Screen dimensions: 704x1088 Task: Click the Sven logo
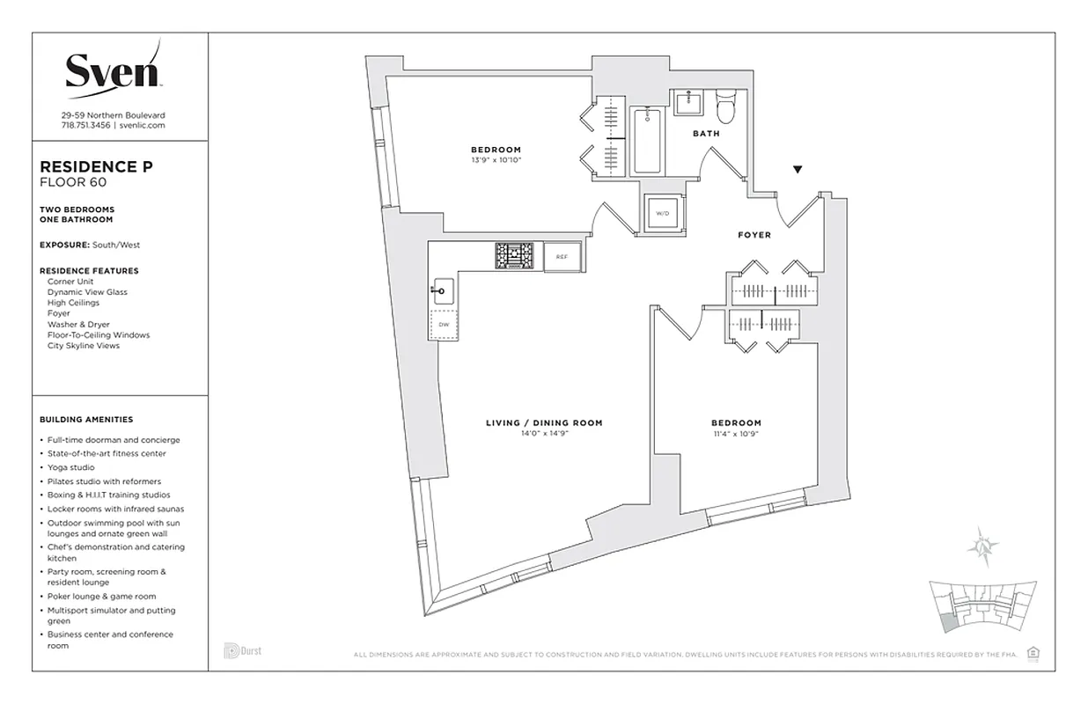click(x=113, y=70)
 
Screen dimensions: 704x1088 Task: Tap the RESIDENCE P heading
click(x=91, y=166)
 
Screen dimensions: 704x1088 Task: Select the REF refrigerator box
click(x=561, y=256)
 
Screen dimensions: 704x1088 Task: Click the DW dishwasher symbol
click(x=443, y=325)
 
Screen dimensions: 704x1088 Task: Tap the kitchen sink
click(x=442, y=288)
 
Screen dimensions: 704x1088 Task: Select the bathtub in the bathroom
click(x=648, y=140)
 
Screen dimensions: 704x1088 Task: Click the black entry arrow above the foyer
click(x=798, y=169)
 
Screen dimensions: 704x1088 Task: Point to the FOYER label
click(x=754, y=235)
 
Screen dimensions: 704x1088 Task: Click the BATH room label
click(x=706, y=134)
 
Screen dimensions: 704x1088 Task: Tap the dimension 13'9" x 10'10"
click(x=496, y=160)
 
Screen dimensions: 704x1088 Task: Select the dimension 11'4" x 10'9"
click(x=738, y=434)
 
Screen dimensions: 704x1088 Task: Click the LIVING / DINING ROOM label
click(x=544, y=423)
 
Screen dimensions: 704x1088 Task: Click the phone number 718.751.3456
click(x=85, y=126)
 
